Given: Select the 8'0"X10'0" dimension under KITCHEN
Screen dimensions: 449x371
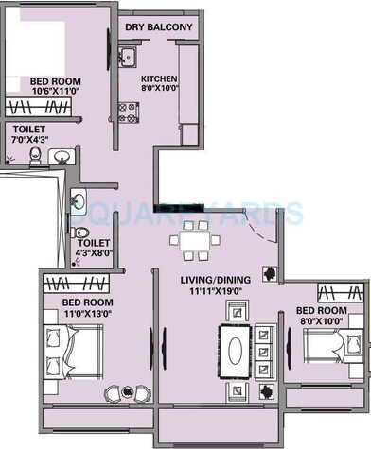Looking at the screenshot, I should pyautogui.click(x=158, y=90).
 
